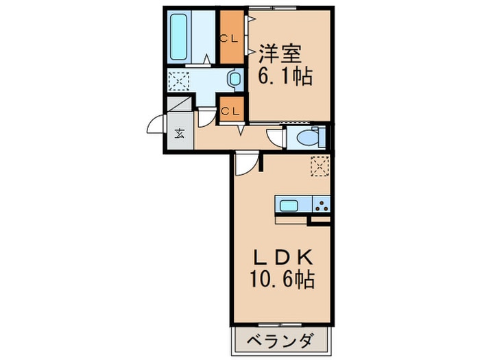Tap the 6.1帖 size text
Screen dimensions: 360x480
[x=285, y=75]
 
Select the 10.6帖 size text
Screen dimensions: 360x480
[x=283, y=280]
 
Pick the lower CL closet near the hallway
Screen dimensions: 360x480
[x=231, y=110]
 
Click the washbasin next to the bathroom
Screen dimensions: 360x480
[x=235, y=80]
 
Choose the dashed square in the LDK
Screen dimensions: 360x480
[x=320, y=167]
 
